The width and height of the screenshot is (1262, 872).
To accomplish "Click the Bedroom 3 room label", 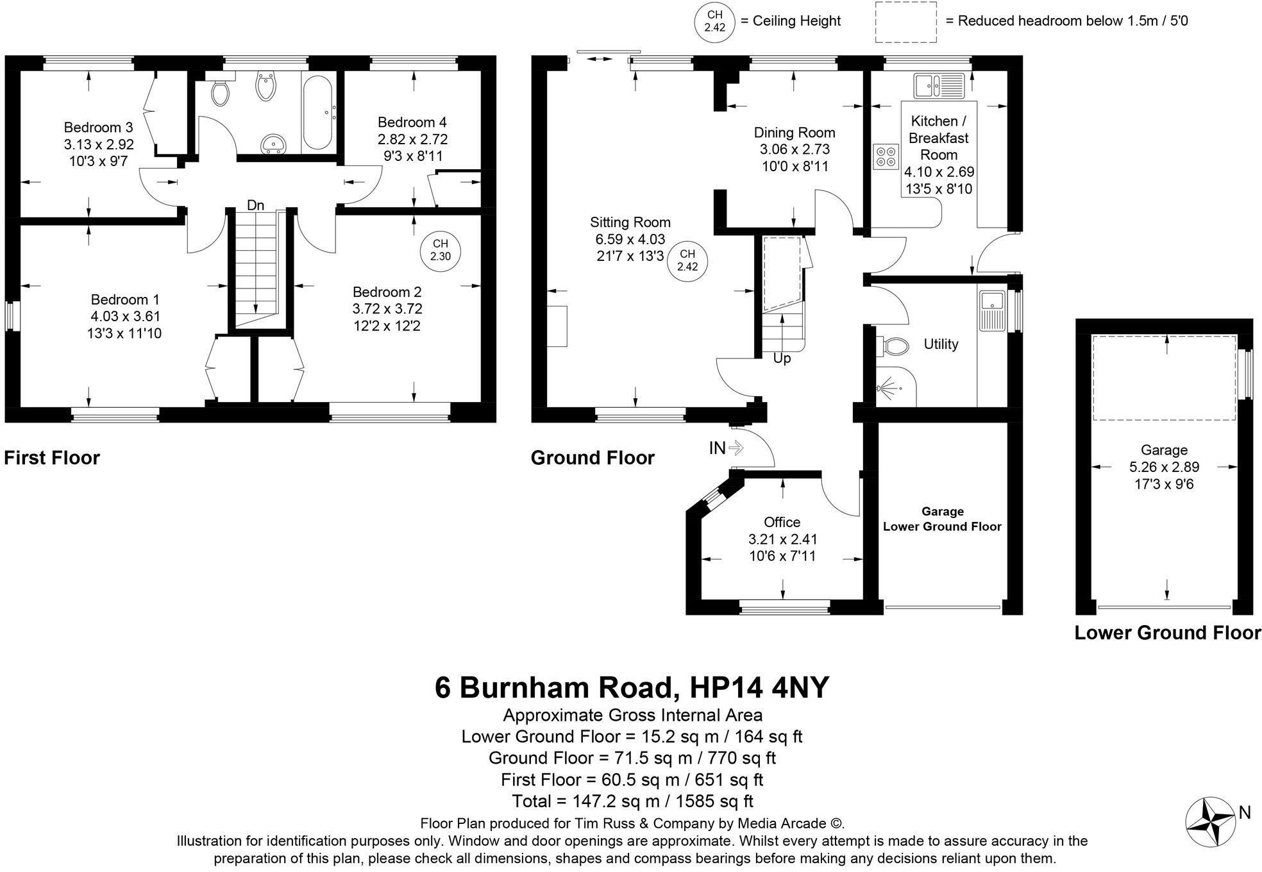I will click(98, 127).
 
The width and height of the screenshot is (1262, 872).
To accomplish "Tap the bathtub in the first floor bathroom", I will click(316, 112).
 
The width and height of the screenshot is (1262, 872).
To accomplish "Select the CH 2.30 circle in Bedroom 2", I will click(441, 250).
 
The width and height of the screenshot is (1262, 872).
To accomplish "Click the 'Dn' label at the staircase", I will click(256, 205).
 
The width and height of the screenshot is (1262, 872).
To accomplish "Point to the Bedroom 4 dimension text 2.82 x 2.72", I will click(412, 139).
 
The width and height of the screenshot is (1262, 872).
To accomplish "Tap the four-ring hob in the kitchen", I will click(886, 156).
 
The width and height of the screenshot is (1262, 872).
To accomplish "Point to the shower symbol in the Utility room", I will click(889, 389).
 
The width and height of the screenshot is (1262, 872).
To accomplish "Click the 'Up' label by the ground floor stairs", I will click(782, 358).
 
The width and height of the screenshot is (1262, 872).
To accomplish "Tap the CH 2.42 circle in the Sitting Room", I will click(687, 260).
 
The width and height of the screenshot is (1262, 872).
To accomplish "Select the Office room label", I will click(782, 522).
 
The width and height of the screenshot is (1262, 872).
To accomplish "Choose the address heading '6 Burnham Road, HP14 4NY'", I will click(632, 687).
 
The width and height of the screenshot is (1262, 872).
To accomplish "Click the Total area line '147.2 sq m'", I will click(632, 801).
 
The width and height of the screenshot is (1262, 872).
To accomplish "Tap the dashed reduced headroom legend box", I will click(905, 22).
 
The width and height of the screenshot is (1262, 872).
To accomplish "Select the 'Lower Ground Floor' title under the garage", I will click(1167, 633).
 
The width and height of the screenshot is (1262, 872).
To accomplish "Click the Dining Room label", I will click(794, 133).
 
